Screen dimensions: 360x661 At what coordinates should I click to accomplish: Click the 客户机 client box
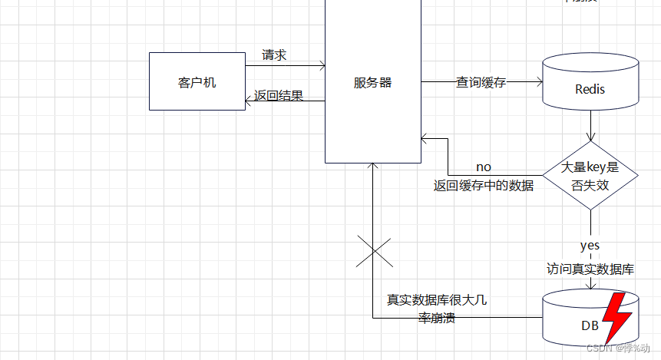click(197, 81)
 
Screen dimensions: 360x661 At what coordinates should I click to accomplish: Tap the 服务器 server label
click(372, 82)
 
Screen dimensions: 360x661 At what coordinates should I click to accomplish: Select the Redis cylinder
click(590, 83)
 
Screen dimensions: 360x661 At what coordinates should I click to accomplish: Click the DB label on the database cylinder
click(590, 326)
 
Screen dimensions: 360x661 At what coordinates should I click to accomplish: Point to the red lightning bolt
click(616, 316)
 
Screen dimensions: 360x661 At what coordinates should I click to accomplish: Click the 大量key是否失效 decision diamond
click(590, 176)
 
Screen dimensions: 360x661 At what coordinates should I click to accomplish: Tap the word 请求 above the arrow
click(274, 55)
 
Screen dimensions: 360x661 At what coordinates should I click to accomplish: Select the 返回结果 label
click(279, 96)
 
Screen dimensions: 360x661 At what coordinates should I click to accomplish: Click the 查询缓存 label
click(481, 82)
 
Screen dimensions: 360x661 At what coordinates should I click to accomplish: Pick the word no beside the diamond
click(484, 167)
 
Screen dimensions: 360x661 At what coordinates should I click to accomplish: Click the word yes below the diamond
click(590, 246)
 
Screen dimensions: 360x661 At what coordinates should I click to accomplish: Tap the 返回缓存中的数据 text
click(483, 185)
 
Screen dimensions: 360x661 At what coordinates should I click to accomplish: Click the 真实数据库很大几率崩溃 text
click(437, 309)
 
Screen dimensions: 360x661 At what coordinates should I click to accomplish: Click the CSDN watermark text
click(616, 347)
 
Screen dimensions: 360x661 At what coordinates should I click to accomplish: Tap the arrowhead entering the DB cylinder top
click(590, 286)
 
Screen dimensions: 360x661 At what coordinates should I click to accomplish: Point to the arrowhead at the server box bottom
click(372, 167)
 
